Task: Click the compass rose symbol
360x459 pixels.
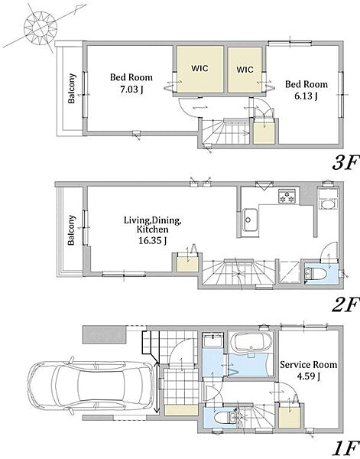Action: pyautogui.click(x=41, y=28)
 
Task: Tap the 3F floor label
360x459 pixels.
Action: pyautogui.click(x=345, y=162)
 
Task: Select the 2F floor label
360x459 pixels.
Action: pyautogui.click(x=345, y=305)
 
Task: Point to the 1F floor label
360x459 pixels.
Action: pyautogui.click(x=345, y=449)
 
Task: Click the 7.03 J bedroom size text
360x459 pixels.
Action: pyautogui.click(x=131, y=89)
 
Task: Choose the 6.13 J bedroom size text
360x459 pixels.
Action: pyautogui.click(x=306, y=96)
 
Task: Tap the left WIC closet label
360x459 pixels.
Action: pyautogui.click(x=199, y=69)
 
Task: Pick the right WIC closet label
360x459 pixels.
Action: pyautogui.click(x=245, y=70)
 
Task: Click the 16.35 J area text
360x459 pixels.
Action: pyautogui.click(x=152, y=241)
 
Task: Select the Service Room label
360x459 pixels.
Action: pyautogui.click(x=309, y=365)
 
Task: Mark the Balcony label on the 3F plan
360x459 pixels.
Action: pyautogui.click(x=72, y=89)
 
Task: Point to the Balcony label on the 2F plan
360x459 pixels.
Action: pyautogui.click(x=71, y=230)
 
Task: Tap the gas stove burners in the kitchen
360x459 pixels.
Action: pyautogui.click(x=287, y=196)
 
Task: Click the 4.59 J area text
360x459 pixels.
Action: pyautogui.click(x=308, y=376)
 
